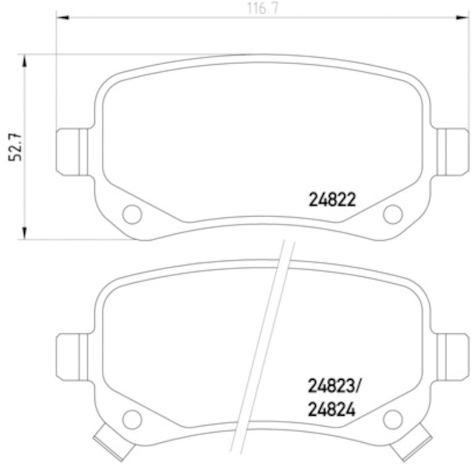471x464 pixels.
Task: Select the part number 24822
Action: (332, 201)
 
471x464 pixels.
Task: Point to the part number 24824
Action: (332, 409)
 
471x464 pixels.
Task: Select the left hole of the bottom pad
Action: (132, 419)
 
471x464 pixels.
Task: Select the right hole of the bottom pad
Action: (392, 419)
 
